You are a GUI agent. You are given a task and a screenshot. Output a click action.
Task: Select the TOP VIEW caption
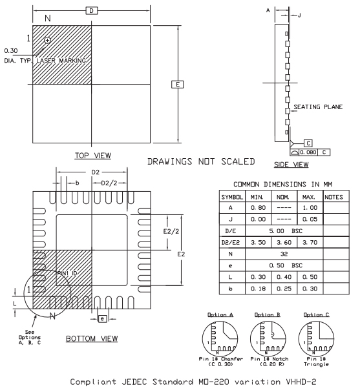[92, 155]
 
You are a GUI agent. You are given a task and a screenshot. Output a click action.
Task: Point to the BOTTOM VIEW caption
[90, 338]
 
